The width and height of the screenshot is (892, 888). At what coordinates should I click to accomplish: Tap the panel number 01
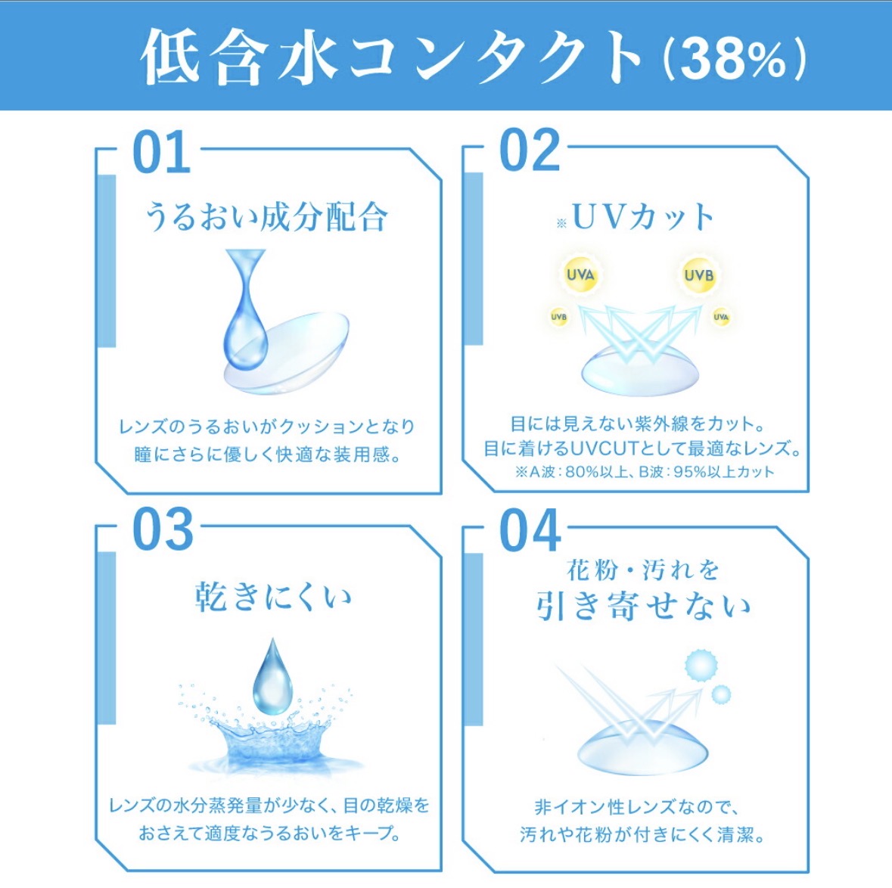pos(162,154)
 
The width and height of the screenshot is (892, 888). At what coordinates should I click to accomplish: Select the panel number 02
pos(530,151)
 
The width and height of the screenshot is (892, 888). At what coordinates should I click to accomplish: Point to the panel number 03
pos(163,530)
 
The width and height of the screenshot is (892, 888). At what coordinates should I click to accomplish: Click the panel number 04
pos(530,530)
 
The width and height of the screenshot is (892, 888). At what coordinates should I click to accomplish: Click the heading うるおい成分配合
pos(266,217)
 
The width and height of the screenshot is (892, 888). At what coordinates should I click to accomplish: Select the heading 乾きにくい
pos(273,597)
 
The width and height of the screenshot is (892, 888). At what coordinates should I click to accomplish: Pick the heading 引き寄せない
pos(643,607)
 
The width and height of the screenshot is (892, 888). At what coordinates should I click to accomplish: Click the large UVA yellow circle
pos(580,275)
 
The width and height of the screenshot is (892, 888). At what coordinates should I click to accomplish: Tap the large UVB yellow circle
pos(698,275)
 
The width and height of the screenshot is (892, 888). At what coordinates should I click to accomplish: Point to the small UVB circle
pos(558,317)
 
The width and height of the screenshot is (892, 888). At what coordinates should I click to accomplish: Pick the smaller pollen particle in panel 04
pos(722,694)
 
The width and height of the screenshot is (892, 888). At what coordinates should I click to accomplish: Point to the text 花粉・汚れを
pos(642,570)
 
